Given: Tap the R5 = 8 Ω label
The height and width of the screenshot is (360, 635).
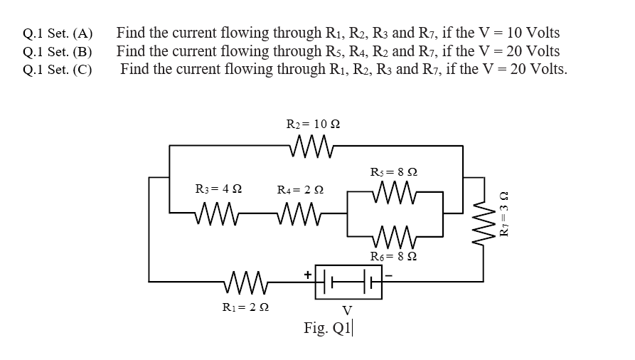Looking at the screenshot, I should [x=394, y=171].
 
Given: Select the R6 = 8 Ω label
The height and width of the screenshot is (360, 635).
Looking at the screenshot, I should [x=395, y=256].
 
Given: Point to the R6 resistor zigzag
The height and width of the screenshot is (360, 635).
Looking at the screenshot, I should [x=394, y=235].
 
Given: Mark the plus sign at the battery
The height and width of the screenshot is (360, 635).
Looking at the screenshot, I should [x=308, y=272].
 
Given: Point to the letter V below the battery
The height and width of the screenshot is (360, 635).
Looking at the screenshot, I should [x=346, y=310].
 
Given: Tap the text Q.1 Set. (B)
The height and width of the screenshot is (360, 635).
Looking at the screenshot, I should [x=58, y=52].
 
